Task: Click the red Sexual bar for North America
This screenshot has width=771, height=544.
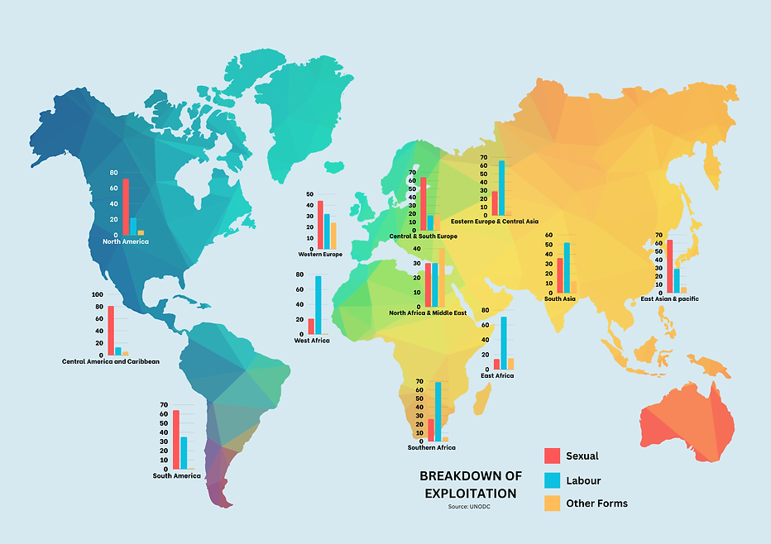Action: (x=126, y=207)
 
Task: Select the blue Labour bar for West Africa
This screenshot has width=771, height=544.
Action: (x=318, y=305)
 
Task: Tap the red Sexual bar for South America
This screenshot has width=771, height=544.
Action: (x=175, y=439)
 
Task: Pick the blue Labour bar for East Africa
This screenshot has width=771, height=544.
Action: (x=504, y=343)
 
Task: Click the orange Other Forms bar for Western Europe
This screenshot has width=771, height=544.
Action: (x=333, y=236)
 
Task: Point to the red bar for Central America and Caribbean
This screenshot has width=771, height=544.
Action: (x=111, y=330)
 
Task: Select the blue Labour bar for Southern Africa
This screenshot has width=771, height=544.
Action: (x=438, y=412)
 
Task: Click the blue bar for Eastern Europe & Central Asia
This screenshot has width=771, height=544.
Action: (x=501, y=188)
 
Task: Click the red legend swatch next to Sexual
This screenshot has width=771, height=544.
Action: (x=552, y=456)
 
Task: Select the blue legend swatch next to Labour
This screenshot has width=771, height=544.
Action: (x=552, y=480)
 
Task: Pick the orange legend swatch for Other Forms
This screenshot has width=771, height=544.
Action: (x=552, y=503)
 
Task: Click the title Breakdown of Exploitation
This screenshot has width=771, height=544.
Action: (x=470, y=484)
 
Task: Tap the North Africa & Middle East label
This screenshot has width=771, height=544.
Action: (x=428, y=313)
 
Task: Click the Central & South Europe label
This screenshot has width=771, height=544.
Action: (x=423, y=236)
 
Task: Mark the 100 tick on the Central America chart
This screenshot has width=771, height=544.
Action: (x=98, y=294)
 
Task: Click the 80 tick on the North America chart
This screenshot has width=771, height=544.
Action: (x=113, y=173)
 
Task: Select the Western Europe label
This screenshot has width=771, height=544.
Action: (x=320, y=255)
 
